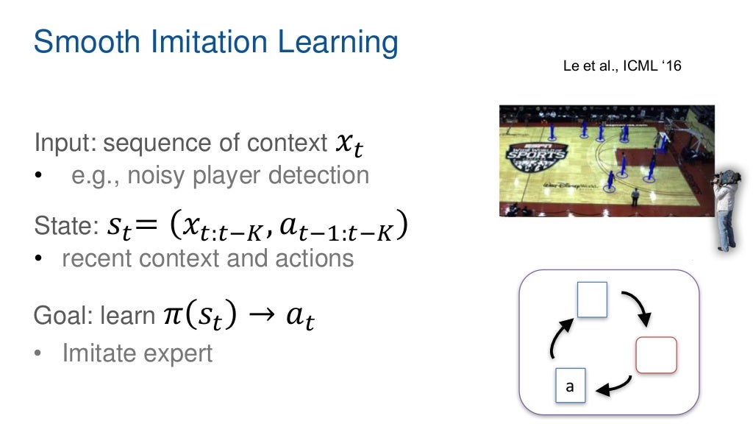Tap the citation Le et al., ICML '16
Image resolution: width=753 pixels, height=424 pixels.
point(622,67)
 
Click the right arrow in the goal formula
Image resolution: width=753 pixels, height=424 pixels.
point(261,317)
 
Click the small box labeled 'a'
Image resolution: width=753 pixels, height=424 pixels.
point(569,386)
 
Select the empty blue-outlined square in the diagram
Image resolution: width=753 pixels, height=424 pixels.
point(592,300)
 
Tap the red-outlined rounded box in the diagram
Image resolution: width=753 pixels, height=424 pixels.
point(654,354)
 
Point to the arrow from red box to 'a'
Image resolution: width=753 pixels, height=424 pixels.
point(615,384)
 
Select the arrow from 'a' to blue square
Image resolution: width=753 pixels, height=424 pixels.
point(557,339)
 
